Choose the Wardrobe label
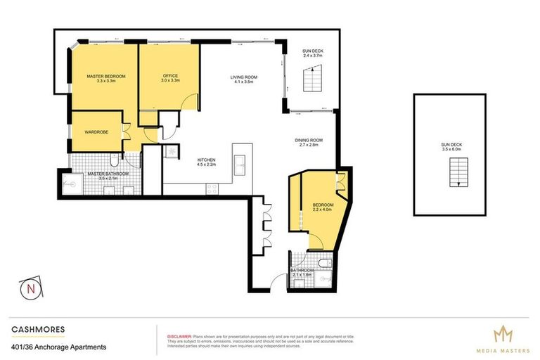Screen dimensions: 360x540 [x=96, y=131]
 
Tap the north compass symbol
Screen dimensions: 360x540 [x=30, y=288]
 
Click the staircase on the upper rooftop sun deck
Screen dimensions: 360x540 [x=457, y=173]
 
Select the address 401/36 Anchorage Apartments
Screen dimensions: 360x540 [x=59, y=347]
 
